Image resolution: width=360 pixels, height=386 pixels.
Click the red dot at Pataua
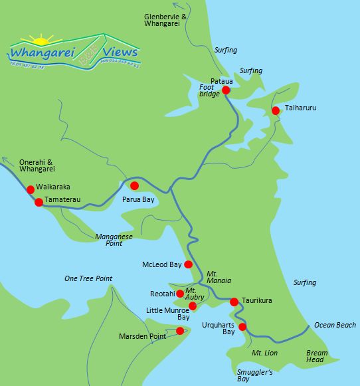click(226, 90)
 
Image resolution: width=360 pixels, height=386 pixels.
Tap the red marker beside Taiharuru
click(276, 110)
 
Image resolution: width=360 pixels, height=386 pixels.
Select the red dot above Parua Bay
click(134, 186)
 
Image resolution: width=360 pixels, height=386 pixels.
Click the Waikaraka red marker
click(31, 189)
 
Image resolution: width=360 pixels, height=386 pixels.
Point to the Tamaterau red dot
click(39, 202)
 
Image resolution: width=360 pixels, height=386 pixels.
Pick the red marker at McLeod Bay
click(188, 264)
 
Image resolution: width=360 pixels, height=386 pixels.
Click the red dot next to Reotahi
click(180, 293)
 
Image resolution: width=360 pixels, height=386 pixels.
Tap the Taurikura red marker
click(234, 302)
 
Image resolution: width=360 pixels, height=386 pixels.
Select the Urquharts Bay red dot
click(242, 327)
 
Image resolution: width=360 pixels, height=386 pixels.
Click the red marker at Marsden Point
click(180, 330)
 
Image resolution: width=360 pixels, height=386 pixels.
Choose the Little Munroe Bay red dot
click(193, 306)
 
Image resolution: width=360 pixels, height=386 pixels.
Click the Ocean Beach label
click(335, 325)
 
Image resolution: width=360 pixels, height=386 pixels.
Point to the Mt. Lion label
click(265, 351)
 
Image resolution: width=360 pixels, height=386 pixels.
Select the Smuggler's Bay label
click(255, 376)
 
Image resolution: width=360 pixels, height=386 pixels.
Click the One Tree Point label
click(88, 278)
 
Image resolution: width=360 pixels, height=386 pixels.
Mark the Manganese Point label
click(115, 239)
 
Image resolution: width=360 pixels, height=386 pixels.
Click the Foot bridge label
click(209, 90)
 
